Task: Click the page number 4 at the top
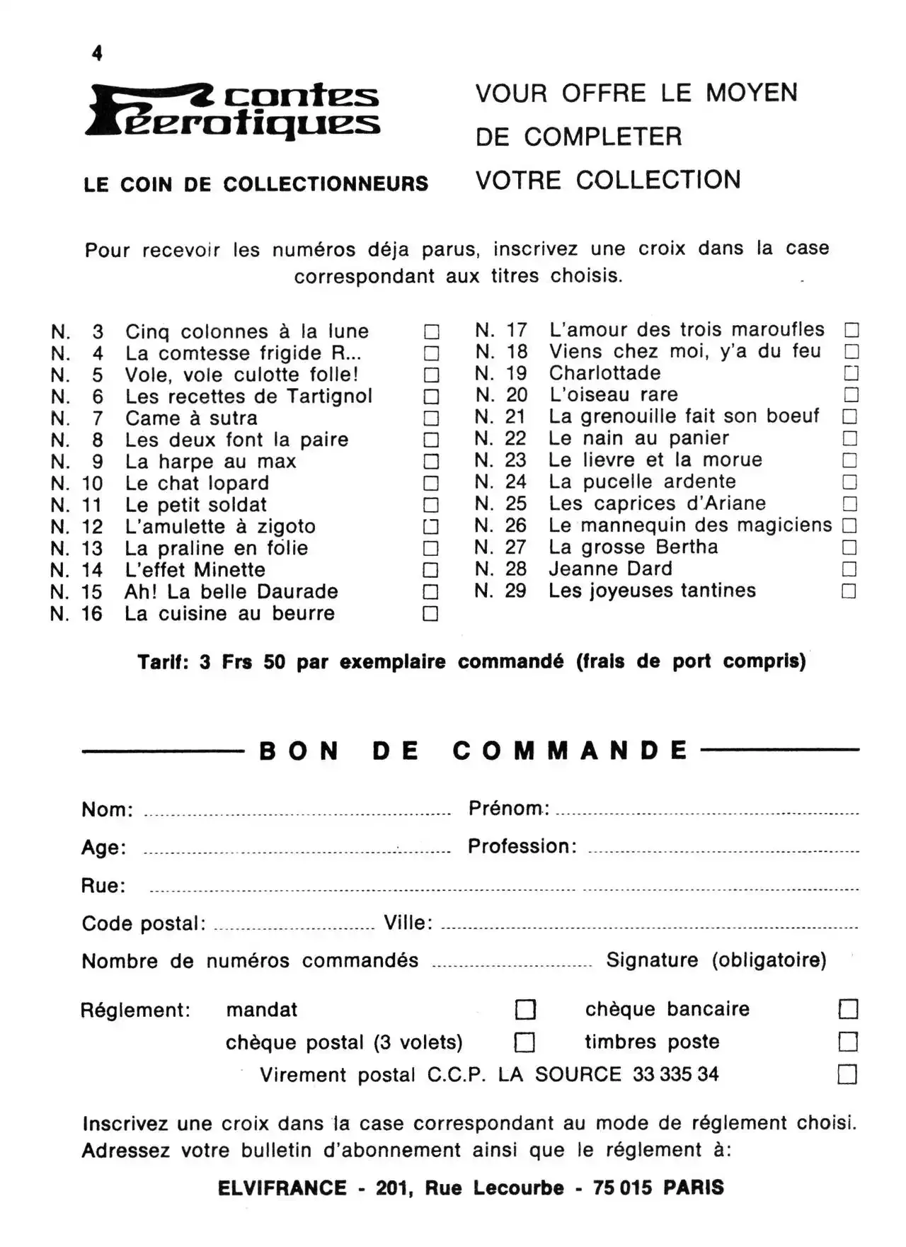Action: [x=97, y=53]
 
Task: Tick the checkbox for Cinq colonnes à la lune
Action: [x=431, y=331]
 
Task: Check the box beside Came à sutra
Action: [x=431, y=418]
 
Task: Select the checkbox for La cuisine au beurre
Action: [x=430, y=614]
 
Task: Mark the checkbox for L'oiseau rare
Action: [x=851, y=394]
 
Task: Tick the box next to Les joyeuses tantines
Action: [x=849, y=591]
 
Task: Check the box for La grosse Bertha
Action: [x=849, y=547]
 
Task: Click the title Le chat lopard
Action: [x=197, y=484]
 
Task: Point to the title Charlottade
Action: [x=604, y=373]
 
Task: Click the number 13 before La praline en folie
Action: [x=92, y=549]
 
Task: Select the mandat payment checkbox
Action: [x=525, y=1009]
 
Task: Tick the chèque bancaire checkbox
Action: [x=848, y=1009]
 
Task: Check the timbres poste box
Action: [x=848, y=1042]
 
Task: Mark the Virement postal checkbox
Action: [x=847, y=1074]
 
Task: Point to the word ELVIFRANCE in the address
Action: [x=282, y=1188]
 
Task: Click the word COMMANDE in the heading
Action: [x=570, y=751]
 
